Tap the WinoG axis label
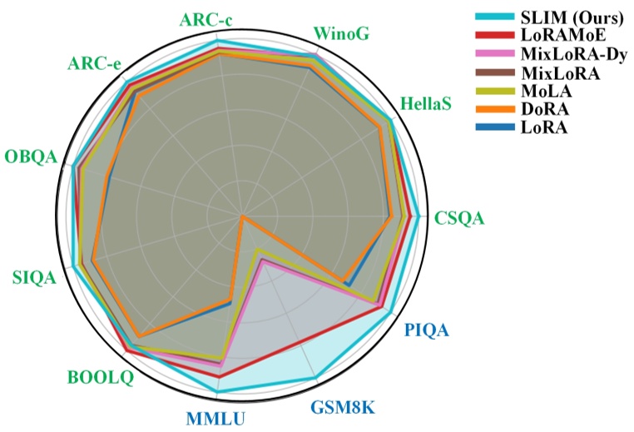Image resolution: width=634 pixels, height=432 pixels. click(x=341, y=33)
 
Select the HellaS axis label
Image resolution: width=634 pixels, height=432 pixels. click(x=426, y=105)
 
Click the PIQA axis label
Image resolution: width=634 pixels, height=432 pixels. click(x=427, y=331)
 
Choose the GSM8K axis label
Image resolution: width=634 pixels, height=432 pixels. click(x=344, y=408)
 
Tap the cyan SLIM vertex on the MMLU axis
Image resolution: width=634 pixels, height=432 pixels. click(x=219, y=390)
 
